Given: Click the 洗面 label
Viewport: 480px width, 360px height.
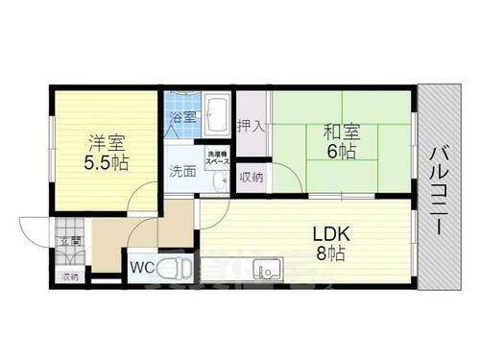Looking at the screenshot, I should (x=182, y=173).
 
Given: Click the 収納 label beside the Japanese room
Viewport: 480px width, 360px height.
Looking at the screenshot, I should (x=251, y=177).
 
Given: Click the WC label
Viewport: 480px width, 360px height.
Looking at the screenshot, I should (x=141, y=268).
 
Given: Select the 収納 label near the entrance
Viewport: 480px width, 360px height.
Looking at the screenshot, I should (x=69, y=276).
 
